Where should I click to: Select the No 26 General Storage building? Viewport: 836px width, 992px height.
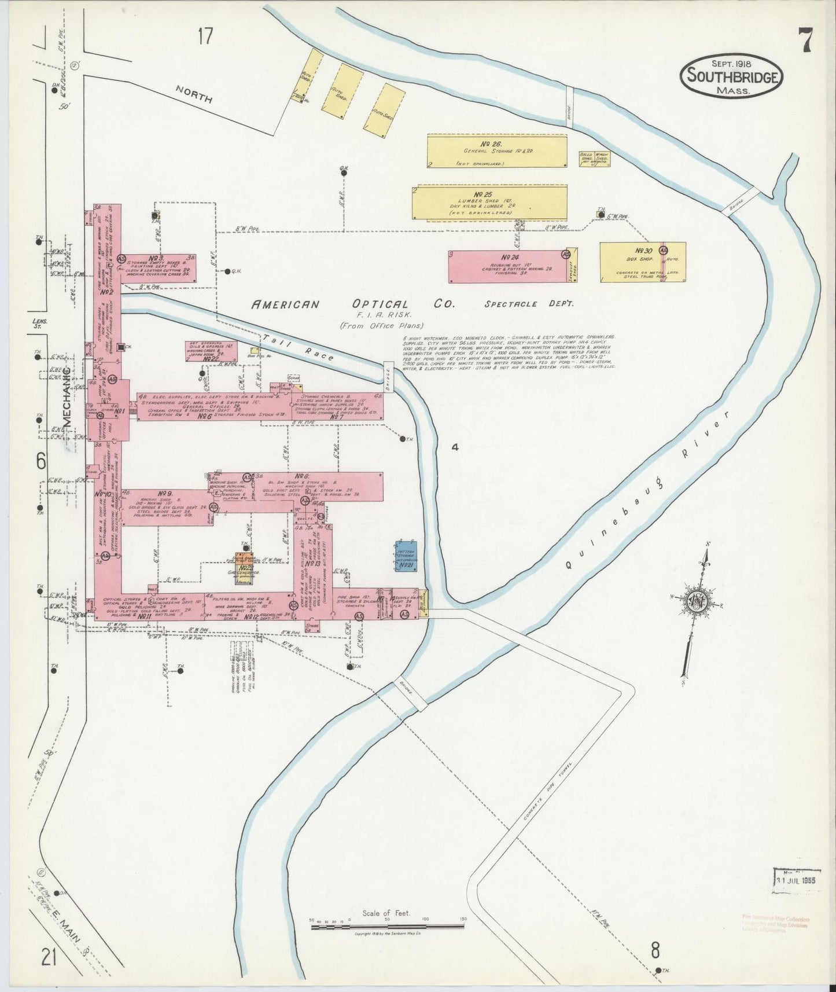(496, 151)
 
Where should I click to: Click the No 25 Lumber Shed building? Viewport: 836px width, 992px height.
(489, 202)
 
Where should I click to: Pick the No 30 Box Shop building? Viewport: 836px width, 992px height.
(642, 262)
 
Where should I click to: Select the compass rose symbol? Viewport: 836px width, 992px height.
(695, 602)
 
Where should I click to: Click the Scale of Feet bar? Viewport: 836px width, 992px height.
(387, 927)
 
